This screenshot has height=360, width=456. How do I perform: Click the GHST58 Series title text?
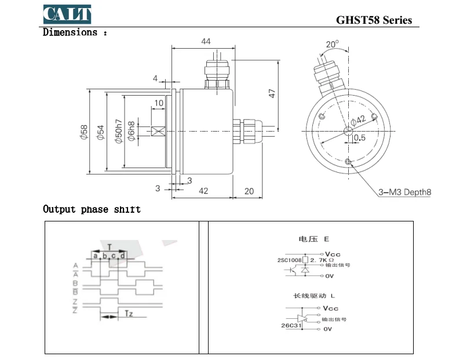click(374, 20)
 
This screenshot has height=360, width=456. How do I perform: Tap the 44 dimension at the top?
click(205, 41)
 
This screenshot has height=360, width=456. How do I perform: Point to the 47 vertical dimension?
click(272, 92)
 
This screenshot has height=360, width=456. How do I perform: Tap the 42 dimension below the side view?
click(203, 191)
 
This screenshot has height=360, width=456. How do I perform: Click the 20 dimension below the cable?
click(249, 191)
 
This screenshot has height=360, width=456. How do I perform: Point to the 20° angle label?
click(332, 44)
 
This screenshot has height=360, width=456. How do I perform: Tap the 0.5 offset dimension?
click(360, 138)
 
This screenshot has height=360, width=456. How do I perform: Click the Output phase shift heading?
click(92, 209)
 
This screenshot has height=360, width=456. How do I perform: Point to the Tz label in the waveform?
click(129, 314)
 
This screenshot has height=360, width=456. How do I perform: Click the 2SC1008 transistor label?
click(289, 260)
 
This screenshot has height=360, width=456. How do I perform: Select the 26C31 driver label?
click(290, 326)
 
